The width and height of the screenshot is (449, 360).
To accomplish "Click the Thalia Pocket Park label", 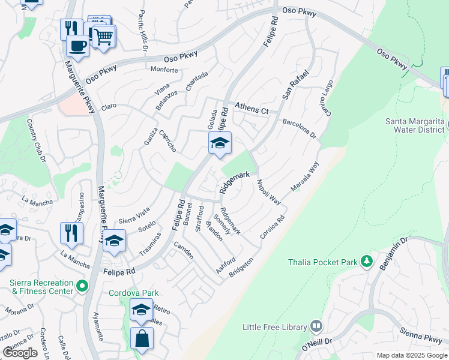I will pos(322,262).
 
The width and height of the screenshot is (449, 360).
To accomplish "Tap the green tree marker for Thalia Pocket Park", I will pos(366,262).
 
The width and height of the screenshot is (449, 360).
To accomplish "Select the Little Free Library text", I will pos(274,327).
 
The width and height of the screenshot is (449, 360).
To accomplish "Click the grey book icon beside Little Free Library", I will pos(316,327).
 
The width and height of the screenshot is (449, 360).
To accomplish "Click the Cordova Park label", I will pos(133,293).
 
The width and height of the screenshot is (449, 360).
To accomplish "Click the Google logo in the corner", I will pos(20,353).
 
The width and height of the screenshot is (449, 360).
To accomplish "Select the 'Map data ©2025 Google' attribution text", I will pos(412,355).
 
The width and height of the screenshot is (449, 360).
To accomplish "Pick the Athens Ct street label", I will pos(252,109).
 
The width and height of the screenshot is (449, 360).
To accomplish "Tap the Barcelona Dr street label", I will pos(300,128).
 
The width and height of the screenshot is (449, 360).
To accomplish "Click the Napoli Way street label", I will pos(268,192).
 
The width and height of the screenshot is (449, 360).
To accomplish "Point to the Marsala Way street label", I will pos(305,178).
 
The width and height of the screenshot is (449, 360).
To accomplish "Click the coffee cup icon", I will pos(77,44).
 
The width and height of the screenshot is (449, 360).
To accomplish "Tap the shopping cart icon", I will pos(103,36).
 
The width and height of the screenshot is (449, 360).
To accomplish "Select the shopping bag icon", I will pos(142,338).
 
